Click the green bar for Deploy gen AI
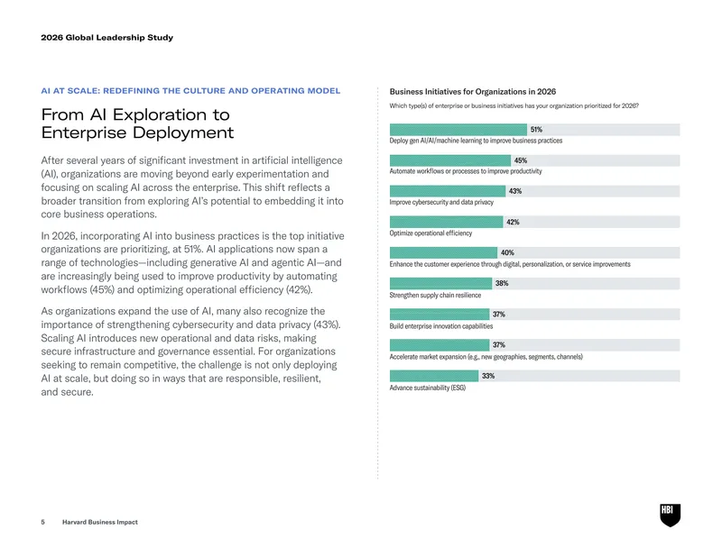[458, 130]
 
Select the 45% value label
[521, 160]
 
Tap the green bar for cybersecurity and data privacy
[448, 191]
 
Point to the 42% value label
[513, 222]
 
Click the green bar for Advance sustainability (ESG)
[434, 376]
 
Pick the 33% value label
[488, 376]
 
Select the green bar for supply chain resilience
[440, 283]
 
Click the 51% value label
[536, 130]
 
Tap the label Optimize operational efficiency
[430, 233]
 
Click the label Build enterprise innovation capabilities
[441, 326]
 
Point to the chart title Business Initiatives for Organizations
[473, 92]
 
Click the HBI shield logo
[670, 516]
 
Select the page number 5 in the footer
[42, 522]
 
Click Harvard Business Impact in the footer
[100, 522]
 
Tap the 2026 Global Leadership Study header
[106, 38]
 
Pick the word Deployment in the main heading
[183, 132]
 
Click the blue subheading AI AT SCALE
[190, 91]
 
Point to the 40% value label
[507, 253]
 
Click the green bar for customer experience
[443, 252]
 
